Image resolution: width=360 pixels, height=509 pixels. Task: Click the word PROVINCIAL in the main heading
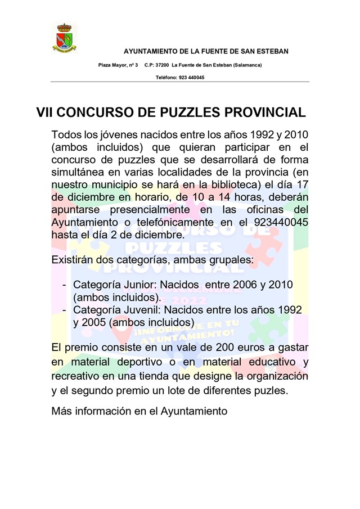(x=265, y=112)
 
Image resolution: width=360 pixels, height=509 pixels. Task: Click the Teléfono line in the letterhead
(x=180, y=77)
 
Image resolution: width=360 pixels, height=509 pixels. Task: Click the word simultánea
(x=78, y=173)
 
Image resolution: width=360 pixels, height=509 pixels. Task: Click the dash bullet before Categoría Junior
(x=65, y=285)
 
